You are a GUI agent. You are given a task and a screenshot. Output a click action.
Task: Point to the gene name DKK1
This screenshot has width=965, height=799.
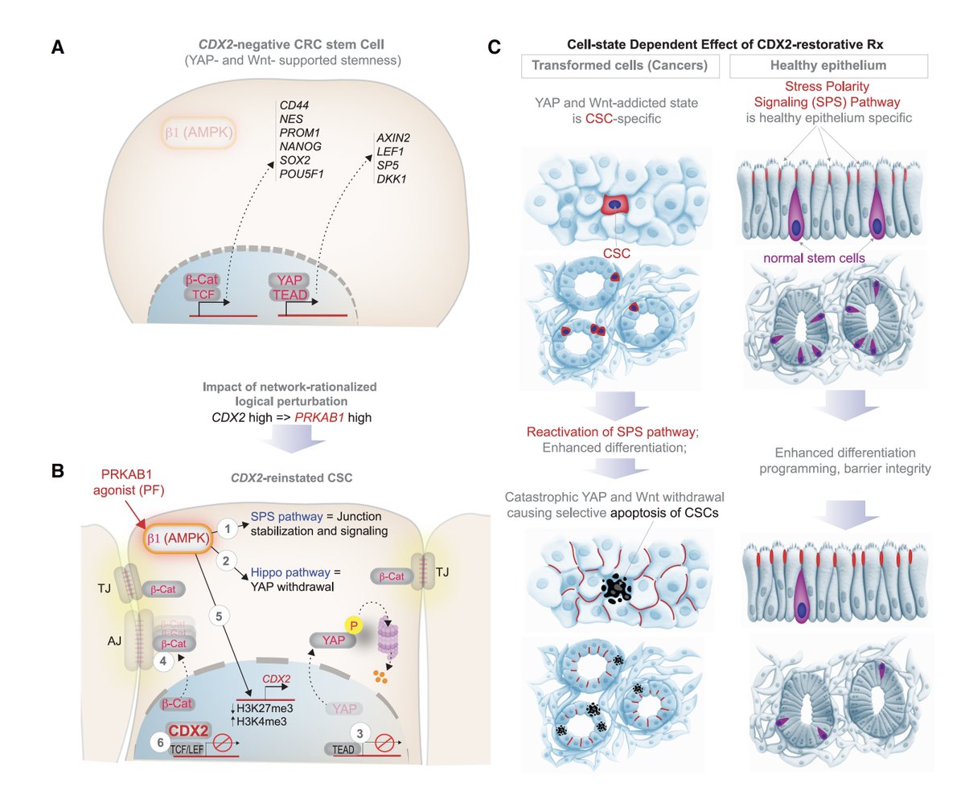(x=391, y=178)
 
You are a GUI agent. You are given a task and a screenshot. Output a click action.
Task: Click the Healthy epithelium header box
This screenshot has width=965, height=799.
(x=827, y=66)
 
